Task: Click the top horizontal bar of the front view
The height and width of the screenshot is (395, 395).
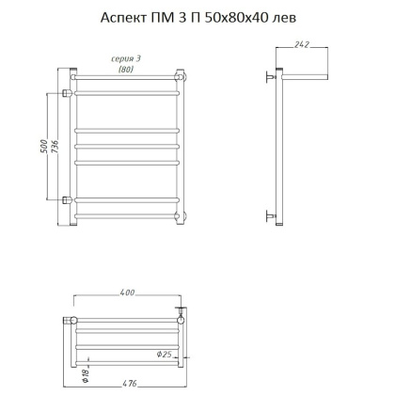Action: coord(127,77)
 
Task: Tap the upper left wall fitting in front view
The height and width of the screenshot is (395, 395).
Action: coord(68,92)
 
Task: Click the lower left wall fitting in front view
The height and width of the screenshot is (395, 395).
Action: coord(68,199)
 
